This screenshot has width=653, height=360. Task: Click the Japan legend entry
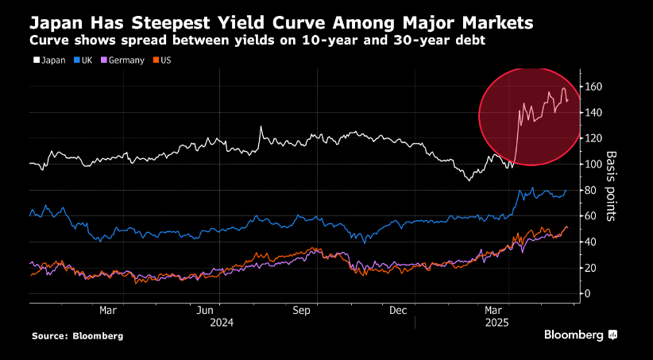click(x=50, y=60)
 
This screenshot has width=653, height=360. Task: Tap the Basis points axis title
click(x=612, y=184)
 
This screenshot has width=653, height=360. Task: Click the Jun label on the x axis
click(x=207, y=311)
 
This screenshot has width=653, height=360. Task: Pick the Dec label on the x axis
click(x=400, y=311)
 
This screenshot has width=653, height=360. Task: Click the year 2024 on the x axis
click(x=222, y=323)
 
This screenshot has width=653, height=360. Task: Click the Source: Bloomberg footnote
click(x=77, y=336)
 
